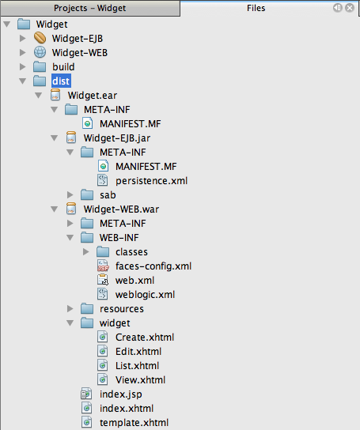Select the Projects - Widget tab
pos(89,8)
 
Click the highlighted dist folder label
pos(61,81)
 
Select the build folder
pos(63,66)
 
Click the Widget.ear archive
pos(94,95)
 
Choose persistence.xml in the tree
pos(151,180)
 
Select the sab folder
pos(108,194)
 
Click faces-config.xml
pos(153,266)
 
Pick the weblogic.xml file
pos(145,294)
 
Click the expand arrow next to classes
pos(85,252)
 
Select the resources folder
pos(121,308)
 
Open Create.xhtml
pos(144,337)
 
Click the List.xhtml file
pos(137,365)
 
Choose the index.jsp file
pos(120,394)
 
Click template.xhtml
pos(134,422)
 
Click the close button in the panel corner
pos(349,8)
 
